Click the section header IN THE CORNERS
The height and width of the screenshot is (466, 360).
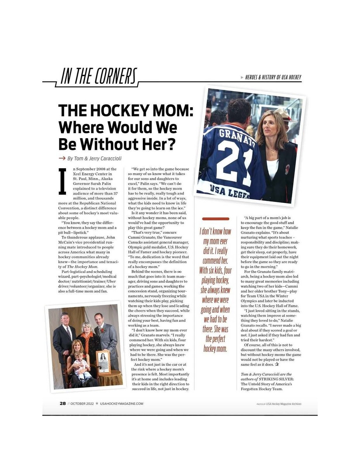[99, 77]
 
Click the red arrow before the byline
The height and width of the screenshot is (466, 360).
[62, 158]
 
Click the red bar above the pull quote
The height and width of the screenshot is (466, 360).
[216, 219]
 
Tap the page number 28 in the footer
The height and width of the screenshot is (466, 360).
[62, 403]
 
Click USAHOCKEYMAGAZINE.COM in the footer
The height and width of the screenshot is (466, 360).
[121, 403]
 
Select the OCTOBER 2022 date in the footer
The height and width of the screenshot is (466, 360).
[82, 403]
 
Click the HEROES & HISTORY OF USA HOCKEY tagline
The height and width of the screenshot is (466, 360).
[273, 77]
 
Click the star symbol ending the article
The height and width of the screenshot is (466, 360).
[277, 365]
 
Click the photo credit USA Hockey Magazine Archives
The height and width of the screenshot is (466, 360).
[284, 404]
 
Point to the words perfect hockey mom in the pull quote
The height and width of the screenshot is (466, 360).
[215, 344]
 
